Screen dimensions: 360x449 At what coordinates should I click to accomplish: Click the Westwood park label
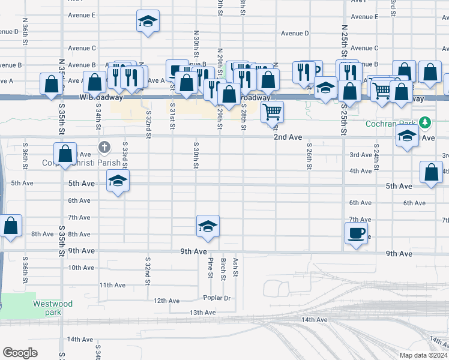pyautogui.click(x=53, y=308)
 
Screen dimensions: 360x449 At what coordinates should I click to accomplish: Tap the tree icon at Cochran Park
pyautogui.click(x=425, y=123)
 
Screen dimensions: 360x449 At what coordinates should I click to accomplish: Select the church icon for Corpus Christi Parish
pyautogui.click(x=104, y=147)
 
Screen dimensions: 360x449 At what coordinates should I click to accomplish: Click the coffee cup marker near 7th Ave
pyautogui.click(x=355, y=232)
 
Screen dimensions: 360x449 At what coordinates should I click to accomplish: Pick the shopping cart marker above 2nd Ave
pyautogui.click(x=273, y=111)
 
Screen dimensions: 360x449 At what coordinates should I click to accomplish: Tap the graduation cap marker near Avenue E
pyautogui.click(x=147, y=22)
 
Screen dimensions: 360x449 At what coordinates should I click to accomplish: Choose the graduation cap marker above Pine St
pyautogui.click(x=207, y=226)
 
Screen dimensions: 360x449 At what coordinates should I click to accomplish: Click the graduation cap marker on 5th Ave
pyautogui.click(x=118, y=180)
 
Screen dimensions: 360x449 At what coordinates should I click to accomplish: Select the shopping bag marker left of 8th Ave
pyautogui.click(x=11, y=226)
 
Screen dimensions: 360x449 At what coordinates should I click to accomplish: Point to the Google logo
pyautogui.click(x=20, y=352)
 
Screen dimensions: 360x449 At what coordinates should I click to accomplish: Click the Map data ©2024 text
pyautogui.click(x=423, y=355)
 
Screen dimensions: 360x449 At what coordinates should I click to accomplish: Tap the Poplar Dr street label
pyautogui.click(x=217, y=298)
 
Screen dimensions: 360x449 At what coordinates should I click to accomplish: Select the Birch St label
pyautogui.click(x=223, y=269)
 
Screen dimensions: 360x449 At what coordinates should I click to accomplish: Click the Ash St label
pyautogui.click(x=236, y=268)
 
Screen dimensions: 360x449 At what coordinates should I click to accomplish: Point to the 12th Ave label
pyautogui.click(x=167, y=301)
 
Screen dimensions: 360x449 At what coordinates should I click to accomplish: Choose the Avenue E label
pyautogui.click(x=82, y=15)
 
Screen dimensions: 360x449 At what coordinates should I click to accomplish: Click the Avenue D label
pyautogui.click(x=295, y=34)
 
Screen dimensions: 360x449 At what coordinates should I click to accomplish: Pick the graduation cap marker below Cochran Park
pyautogui.click(x=407, y=136)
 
